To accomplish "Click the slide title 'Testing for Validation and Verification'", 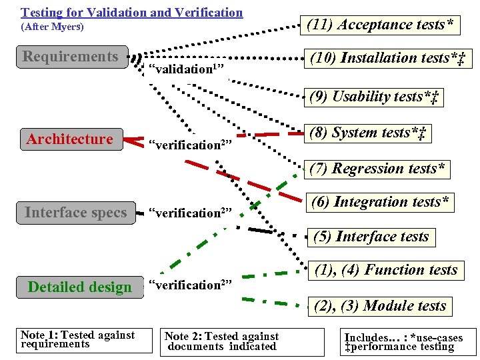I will pos(132,12).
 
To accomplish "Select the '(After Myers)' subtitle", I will pos(51,28).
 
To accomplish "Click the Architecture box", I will pos(71,139).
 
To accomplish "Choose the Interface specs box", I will pos(76,213).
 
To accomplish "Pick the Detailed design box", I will pos(80,287).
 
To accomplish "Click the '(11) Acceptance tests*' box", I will pos(380,25).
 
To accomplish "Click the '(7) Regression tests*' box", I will pos(378,169).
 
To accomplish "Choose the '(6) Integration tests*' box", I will pos(381,201).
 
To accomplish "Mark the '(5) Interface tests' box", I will pos(372,237).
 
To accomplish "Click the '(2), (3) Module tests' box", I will pos(380,306).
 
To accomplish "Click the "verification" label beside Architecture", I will pos(189,144).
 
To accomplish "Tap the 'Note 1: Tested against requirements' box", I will pos(77,339).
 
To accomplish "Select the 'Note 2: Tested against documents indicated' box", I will pos(221,341).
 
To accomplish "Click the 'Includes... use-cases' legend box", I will pos(402,341).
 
